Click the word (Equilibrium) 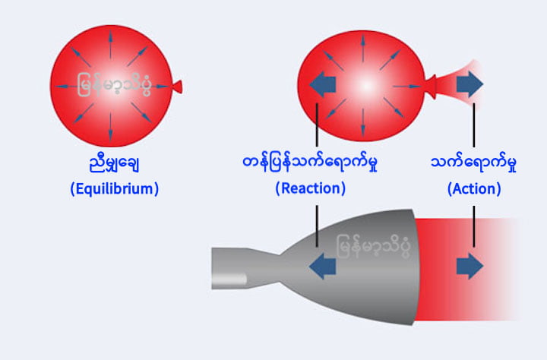(x=115, y=188)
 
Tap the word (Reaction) (x=311, y=188)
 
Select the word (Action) (x=474, y=188)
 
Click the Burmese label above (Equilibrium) (x=115, y=163)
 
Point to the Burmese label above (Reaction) (x=310, y=163)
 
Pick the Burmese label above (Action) (x=474, y=163)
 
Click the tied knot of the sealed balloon (x=178, y=87)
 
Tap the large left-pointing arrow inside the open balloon (x=322, y=84)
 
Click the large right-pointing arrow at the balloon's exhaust (x=470, y=84)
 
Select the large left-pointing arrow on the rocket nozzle (x=322, y=266)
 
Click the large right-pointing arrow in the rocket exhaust (x=470, y=266)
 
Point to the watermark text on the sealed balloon (x=114, y=84)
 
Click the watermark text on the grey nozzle (x=373, y=246)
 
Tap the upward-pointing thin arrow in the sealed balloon (x=111, y=45)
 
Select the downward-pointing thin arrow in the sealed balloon (x=111, y=126)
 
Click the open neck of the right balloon (x=432, y=86)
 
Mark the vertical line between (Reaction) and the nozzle (x=317, y=226)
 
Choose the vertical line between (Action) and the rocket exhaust (x=474, y=226)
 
